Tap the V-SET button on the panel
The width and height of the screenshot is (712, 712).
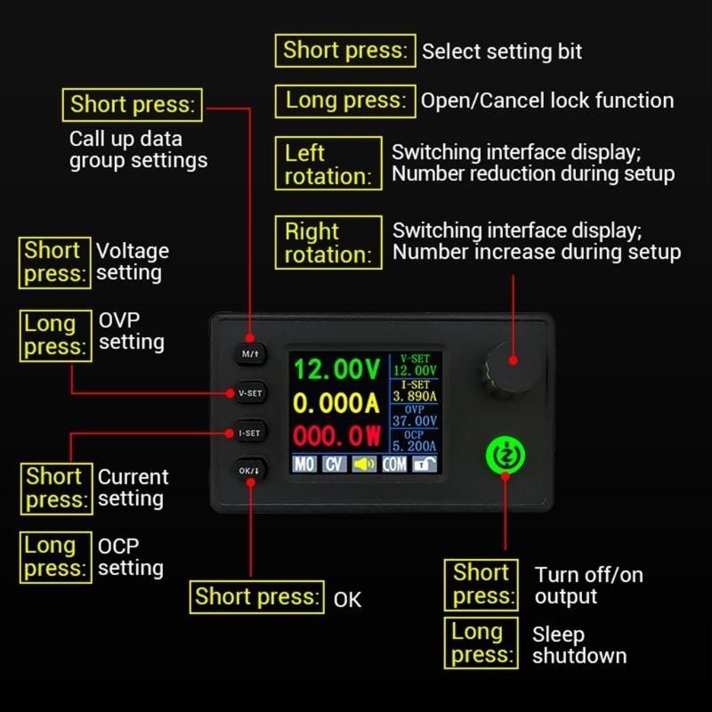250,392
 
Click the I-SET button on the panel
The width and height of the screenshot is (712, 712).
250,433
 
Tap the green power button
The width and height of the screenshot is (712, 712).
505,455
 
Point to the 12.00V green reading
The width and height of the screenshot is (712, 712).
336,369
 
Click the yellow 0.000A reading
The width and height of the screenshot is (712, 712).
336,403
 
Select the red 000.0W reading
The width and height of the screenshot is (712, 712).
336,437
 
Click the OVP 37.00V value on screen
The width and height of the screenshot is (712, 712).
415,421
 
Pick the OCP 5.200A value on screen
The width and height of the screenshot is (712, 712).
415,446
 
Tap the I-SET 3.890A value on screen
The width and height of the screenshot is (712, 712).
415,395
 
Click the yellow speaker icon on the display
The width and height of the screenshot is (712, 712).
364,464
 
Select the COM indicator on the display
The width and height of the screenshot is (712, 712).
394,464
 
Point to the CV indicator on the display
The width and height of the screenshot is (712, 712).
334,464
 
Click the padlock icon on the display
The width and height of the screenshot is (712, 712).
424,464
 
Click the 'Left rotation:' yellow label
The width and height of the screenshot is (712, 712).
327,164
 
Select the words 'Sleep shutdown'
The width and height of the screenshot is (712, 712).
578,645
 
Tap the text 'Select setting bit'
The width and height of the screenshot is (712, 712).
502,52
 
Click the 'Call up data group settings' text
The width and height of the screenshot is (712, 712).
138,150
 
